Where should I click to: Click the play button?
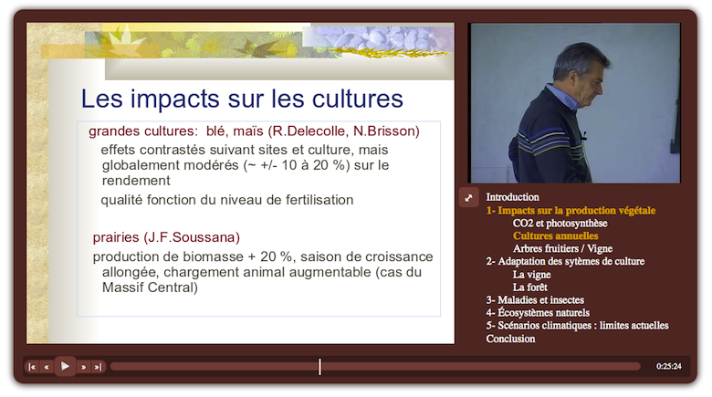65,366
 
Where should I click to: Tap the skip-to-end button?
98,367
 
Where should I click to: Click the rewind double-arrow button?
47,367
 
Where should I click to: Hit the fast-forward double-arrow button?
83,367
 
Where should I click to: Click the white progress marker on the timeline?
319,366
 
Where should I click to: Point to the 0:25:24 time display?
669,367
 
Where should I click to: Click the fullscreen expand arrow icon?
469,197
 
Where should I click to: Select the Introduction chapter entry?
512,197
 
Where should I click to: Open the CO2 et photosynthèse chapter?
560,223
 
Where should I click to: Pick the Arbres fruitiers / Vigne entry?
562,248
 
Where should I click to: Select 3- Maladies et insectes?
535,299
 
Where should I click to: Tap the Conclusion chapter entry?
510,339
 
